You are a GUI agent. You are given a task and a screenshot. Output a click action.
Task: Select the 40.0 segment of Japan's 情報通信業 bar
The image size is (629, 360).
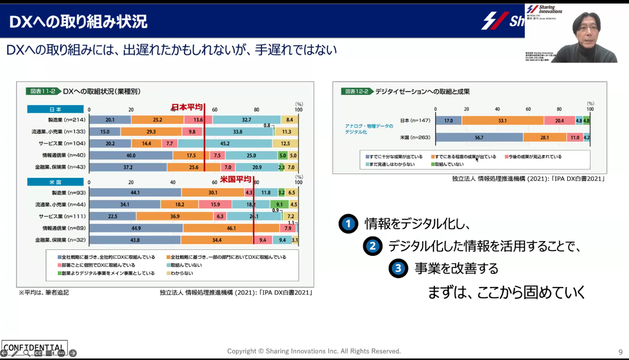(x=131, y=155)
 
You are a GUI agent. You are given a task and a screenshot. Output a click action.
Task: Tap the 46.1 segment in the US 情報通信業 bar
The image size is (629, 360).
(x=231, y=228)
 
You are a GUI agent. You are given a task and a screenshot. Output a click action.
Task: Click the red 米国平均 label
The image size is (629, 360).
(x=235, y=179)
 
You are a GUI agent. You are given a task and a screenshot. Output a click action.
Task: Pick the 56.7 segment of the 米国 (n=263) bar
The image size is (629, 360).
(x=479, y=137)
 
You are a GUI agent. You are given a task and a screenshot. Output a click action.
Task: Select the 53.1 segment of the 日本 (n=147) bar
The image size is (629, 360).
(x=502, y=121)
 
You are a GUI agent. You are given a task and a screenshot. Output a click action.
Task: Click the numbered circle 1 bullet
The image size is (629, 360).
(x=348, y=224)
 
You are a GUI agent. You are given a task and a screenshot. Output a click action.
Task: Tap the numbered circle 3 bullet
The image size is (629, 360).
(x=398, y=268)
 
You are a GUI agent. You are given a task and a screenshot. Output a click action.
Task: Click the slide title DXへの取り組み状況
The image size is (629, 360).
(x=78, y=22)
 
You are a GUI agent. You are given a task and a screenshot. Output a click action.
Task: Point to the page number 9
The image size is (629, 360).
(x=620, y=352)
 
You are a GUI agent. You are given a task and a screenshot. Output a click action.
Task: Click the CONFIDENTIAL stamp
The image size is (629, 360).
(x=34, y=347)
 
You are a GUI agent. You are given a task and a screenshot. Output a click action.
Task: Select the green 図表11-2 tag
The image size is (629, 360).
(x=43, y=92)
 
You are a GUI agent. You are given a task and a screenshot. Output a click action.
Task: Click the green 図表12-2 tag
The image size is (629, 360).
(x=356, y=92)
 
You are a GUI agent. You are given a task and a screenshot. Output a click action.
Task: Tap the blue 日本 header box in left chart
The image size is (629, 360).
(x=55, y=109)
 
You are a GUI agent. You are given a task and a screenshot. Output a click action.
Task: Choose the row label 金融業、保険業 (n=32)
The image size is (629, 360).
(x=60, y=240)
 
